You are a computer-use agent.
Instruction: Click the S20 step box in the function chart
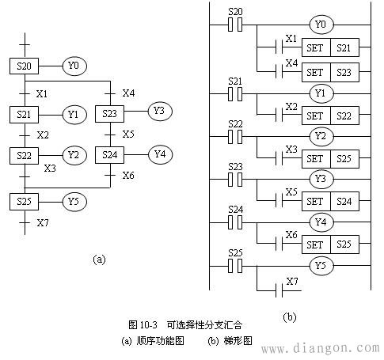(x=24, y=66)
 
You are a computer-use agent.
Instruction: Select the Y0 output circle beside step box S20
(x=74, y=66)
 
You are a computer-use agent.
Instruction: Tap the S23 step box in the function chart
(x=109, y=114)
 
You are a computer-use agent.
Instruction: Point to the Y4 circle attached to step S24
(x=160, y=154)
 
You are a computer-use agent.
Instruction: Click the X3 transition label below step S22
(x=50, y=168)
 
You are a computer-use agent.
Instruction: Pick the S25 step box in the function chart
(x=24, y=202)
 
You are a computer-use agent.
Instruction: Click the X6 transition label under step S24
(x=128, y=176)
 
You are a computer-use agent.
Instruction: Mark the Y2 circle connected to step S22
(x=74, y=155)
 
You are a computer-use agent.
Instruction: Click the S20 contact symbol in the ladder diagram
(x=235, y=25)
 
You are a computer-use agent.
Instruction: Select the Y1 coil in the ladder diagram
(x=321, y=93)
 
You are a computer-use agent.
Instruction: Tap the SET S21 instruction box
(x=330, y=47)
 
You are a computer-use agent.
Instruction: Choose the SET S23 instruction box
(x=330, y=72)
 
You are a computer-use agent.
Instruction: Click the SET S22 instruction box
(x=330, y=116)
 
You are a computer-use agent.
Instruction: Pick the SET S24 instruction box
(x=330, y=202)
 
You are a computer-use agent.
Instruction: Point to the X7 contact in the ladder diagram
(x=279, y=290)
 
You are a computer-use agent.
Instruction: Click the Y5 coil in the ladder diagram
(x=321, y=266)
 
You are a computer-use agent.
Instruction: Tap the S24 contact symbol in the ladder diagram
(x=235, y=222)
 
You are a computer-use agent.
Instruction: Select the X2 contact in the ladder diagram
(x=279, y=115)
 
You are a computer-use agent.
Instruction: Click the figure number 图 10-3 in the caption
(x=143, y=325)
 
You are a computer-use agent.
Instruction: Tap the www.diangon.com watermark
(x=322, y=349)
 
